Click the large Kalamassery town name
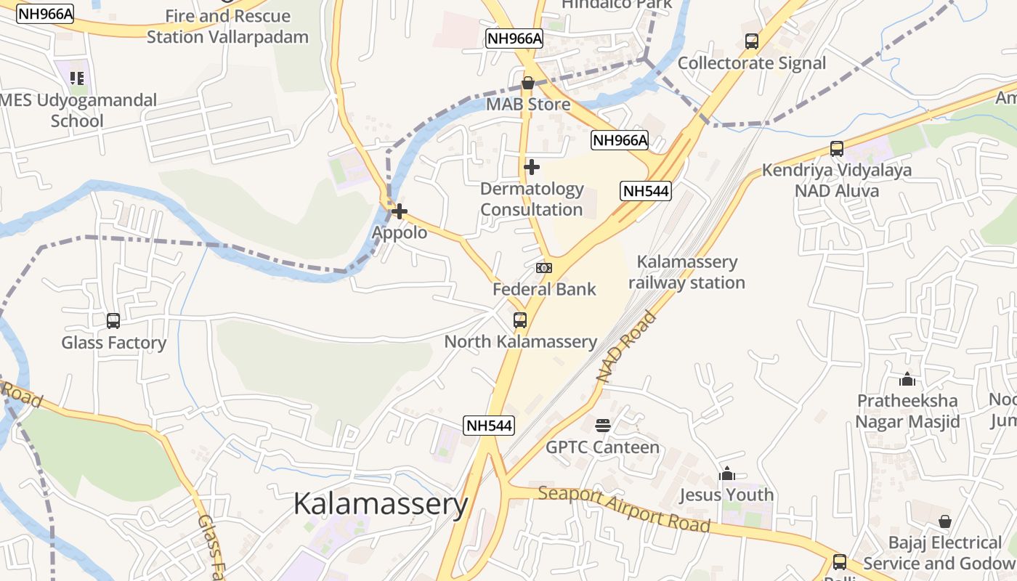381,504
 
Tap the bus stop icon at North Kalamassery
520,320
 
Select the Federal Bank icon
544,268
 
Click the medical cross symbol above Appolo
400,211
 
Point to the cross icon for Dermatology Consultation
532,167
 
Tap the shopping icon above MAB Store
528,83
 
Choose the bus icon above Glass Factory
113,320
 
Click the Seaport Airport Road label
624,508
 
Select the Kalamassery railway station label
686,272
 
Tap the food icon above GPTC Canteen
603,425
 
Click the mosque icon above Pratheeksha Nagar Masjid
907,379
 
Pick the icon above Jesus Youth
727,474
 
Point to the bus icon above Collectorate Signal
752,41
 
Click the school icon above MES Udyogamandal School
77,78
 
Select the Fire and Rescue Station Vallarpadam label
227,26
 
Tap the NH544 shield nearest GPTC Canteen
489,426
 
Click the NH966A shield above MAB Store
514,38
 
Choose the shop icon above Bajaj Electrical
945,521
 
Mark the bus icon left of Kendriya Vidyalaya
837,149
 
